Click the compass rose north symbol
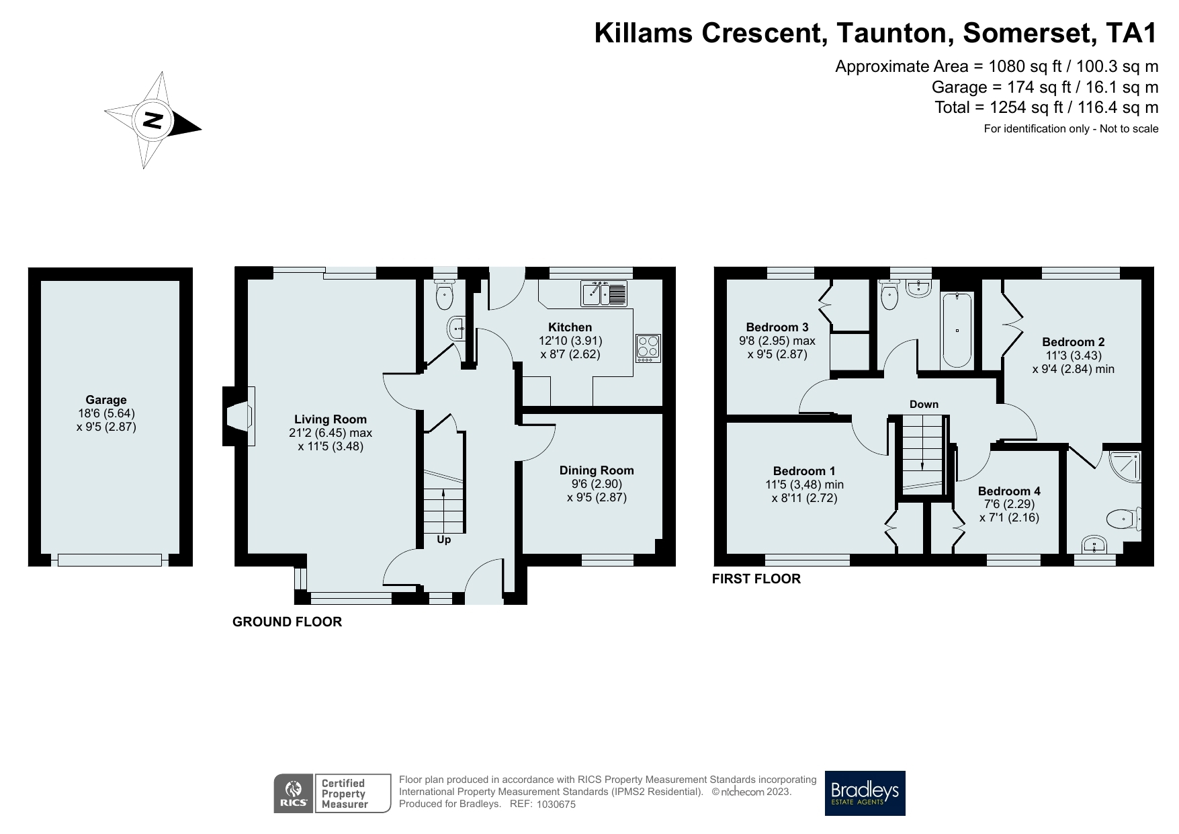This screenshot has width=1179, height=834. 153,120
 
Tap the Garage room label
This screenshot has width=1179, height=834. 106,400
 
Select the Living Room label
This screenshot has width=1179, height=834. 331,419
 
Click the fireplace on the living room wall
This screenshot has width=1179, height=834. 238,416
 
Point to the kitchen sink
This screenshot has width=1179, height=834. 604,294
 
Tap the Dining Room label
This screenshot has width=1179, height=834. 597,470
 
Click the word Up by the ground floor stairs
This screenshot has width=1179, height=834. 444,540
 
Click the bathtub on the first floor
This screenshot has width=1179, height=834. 957,330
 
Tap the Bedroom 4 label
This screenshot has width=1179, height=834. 1009,491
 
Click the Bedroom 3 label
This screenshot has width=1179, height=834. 777,327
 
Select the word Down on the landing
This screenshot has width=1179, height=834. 924,404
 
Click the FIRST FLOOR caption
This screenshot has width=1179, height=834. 756,579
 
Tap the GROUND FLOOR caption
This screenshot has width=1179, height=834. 288,622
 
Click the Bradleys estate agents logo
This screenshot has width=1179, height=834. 865,793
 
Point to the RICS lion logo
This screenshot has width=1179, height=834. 294,794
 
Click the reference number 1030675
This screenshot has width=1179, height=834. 556,804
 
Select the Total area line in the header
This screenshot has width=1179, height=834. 1047,107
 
